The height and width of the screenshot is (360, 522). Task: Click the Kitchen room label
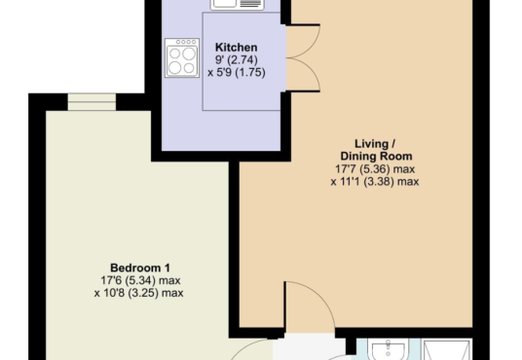[x=236, y=48]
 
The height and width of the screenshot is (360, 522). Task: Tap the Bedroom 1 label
[x=140, y=268]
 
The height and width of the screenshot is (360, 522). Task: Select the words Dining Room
[x=376, y=156]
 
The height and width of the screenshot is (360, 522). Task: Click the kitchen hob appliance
[x=182, y=58]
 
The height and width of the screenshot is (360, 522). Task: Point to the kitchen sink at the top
[x=237, y=5]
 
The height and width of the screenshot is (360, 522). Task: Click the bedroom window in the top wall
[x=92, y=102]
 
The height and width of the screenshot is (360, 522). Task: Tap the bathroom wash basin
[x=388, y=350]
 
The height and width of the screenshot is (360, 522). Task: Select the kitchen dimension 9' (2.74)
[x=237, y=60]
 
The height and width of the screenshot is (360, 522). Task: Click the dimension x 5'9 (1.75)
[x=237, y=72]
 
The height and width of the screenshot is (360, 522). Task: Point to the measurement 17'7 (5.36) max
[x=375, y=169]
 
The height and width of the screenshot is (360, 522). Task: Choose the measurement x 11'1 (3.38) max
[x=375, y=182]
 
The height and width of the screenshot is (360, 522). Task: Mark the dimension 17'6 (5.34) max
[x=140, y=280]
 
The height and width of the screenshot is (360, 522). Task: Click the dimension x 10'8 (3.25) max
[x=139, y=293]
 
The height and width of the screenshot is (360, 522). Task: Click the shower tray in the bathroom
[x=447, y=349]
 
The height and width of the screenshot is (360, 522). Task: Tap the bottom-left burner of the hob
[x=174, y=67]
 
